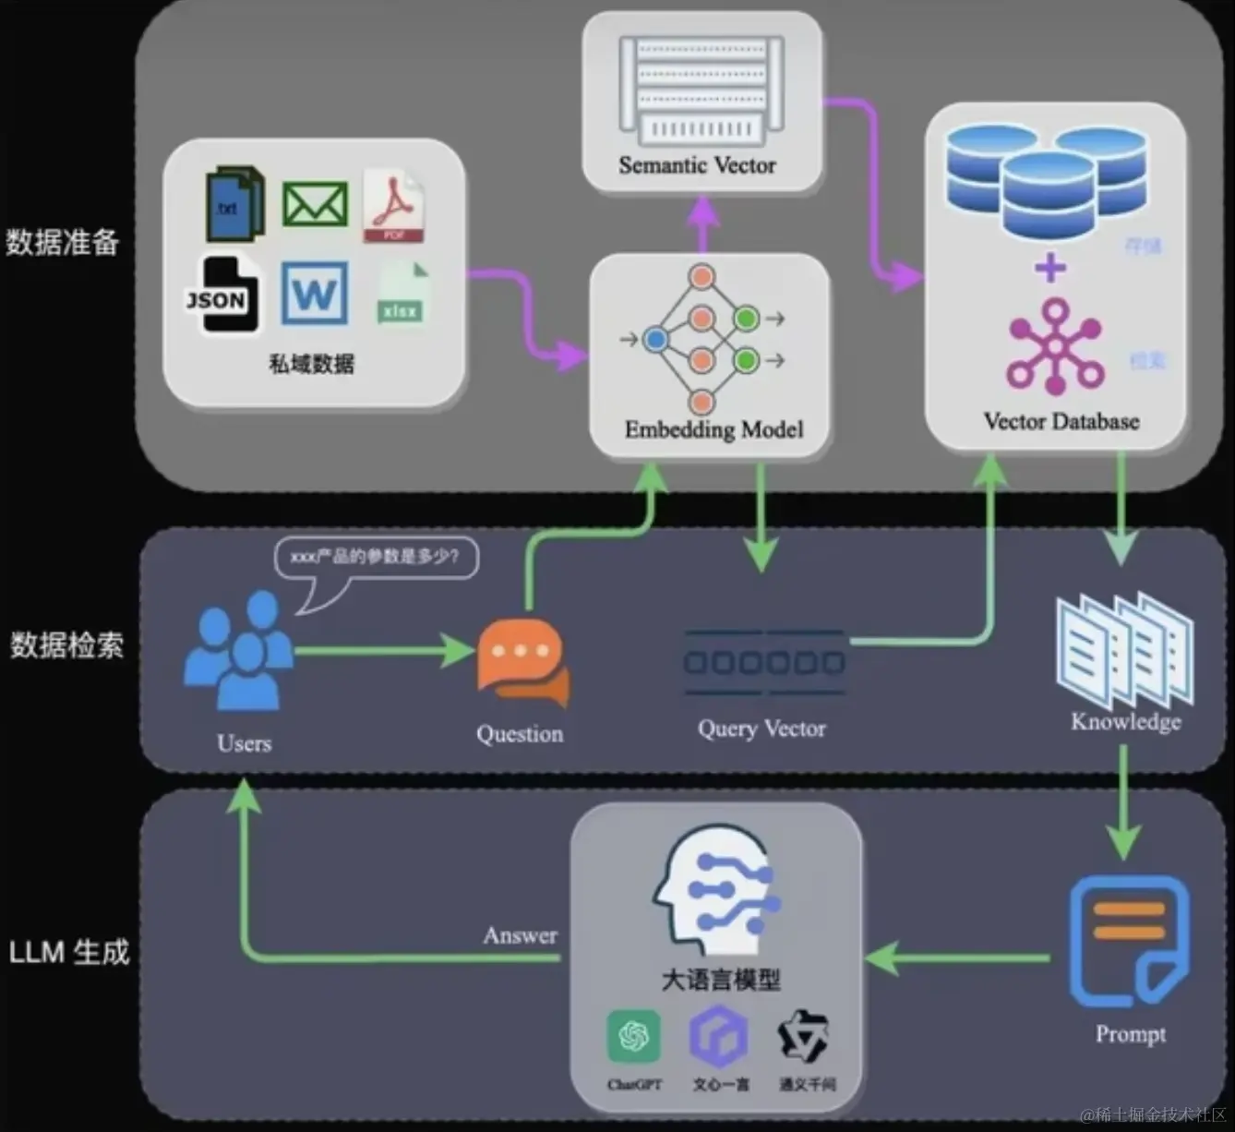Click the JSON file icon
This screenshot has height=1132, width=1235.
tap(218, 295)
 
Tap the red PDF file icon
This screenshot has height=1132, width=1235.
tap(393, 206)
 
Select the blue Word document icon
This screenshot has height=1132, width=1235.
tap(315, 294)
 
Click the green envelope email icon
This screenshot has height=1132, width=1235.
tap(315, 204)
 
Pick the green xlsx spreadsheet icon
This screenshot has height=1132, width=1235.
tap(402, 294)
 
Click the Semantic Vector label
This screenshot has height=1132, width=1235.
tap(697, 165)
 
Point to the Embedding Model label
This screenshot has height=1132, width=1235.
tap(713, 429)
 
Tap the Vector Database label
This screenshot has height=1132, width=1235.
tap(1061, 422)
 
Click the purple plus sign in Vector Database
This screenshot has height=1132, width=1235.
tap(1049, 269)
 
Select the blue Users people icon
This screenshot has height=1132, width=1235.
tap(238, 651)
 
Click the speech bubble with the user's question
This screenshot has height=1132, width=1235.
tap(377, 558)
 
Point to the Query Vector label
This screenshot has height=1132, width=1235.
tap(761, 729)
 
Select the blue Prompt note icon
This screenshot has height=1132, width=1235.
tap(1129, 943)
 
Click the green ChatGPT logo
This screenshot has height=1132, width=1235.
tap(634, 1036)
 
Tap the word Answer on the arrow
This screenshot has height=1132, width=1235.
tap(520, 935)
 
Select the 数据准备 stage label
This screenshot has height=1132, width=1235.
tap(63, 242)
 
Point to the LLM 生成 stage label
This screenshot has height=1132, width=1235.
tap(69, 952)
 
